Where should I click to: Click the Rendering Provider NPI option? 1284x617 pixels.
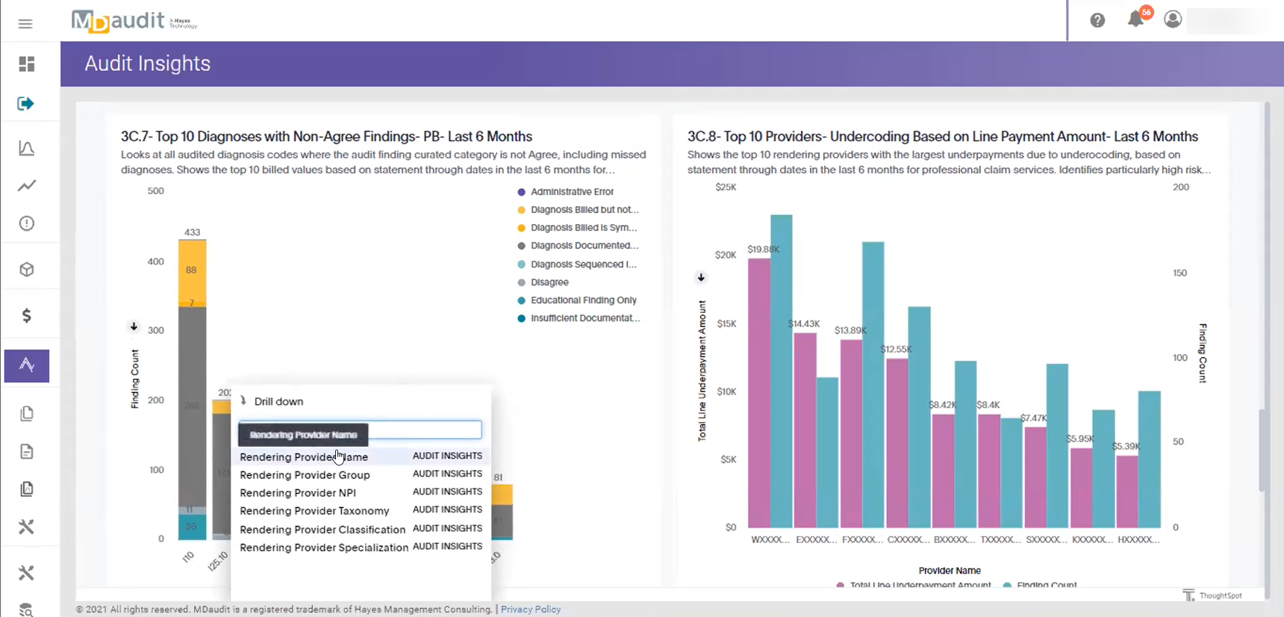tap(298, 493)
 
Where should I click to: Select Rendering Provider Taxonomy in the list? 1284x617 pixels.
tap(314, 511)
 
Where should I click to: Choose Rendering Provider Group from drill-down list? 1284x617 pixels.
tap(305, 475)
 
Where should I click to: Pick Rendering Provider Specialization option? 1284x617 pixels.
tap(324, 548)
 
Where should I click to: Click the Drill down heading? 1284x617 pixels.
tap(278, 402)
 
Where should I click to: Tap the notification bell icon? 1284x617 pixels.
tap(1135, 19)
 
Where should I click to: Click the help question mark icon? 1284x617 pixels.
tap(1097, 20)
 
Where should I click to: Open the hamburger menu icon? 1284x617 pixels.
tap(25, 24)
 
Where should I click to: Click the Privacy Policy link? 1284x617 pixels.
tap(531, 610)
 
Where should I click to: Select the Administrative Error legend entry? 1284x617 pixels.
tap(572, 192)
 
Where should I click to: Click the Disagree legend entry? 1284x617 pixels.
tap(549, 282)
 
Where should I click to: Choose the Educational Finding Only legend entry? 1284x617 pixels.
tap(583, 300)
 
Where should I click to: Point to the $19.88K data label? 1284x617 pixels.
tap(763, 249)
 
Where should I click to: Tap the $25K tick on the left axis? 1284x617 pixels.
tap(726, 187)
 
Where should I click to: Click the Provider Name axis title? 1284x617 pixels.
tap(950, 571)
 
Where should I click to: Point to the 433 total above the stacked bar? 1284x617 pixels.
tap(192, 232)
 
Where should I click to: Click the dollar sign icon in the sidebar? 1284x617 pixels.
tap(27, 316)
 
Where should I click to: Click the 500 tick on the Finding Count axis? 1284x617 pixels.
tap(155, 191)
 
